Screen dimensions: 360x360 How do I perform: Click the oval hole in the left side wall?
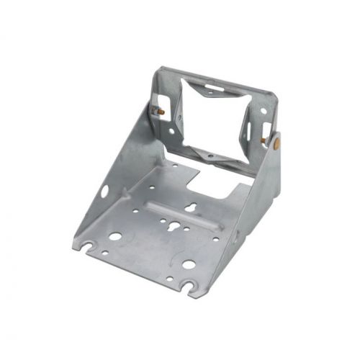click(105, 191)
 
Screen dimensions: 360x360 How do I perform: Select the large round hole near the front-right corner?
click(188, 264)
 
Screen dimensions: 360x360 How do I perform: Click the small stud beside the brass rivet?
click(264, 139)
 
